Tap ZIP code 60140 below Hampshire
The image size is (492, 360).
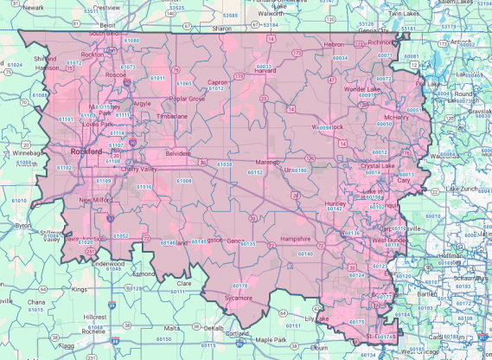[x=304, y=254]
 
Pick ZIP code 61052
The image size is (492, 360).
[x=121, y=235]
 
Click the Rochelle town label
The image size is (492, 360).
[x=94, y=331]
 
